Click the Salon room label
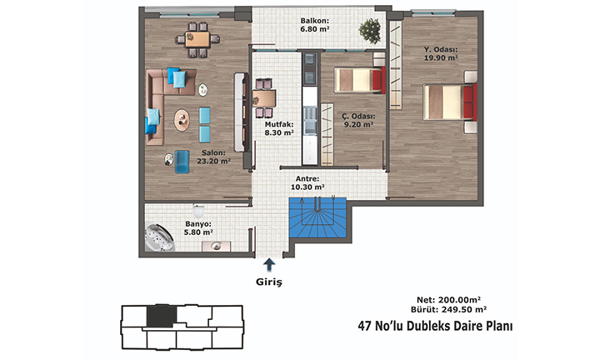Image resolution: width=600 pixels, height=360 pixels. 213,157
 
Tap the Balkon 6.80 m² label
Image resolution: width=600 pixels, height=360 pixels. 315,25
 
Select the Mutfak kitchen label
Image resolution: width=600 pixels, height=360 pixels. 279,128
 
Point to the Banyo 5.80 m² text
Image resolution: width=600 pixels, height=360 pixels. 198,228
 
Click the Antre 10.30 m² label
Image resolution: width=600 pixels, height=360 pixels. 307,182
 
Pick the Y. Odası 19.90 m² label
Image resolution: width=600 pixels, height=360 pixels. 441,53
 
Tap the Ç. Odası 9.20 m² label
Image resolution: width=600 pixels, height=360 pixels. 358,120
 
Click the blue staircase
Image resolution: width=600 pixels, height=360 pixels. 317,217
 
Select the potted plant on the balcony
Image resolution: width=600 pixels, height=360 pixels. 370,31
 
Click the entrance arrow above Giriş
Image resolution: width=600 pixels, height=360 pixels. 269,264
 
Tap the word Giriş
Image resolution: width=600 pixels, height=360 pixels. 269,282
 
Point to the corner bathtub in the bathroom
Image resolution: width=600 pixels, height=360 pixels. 159,237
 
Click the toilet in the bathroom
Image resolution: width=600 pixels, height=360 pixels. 198,210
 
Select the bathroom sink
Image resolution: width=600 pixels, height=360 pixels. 216,246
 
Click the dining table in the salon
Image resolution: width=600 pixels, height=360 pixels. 197,39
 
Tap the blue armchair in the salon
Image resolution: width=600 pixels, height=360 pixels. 182,162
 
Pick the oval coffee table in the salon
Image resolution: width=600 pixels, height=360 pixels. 182,120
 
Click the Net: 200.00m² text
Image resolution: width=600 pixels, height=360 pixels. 448,300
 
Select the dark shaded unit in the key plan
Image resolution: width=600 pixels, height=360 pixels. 162,316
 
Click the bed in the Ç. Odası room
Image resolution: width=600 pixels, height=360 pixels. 360,80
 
